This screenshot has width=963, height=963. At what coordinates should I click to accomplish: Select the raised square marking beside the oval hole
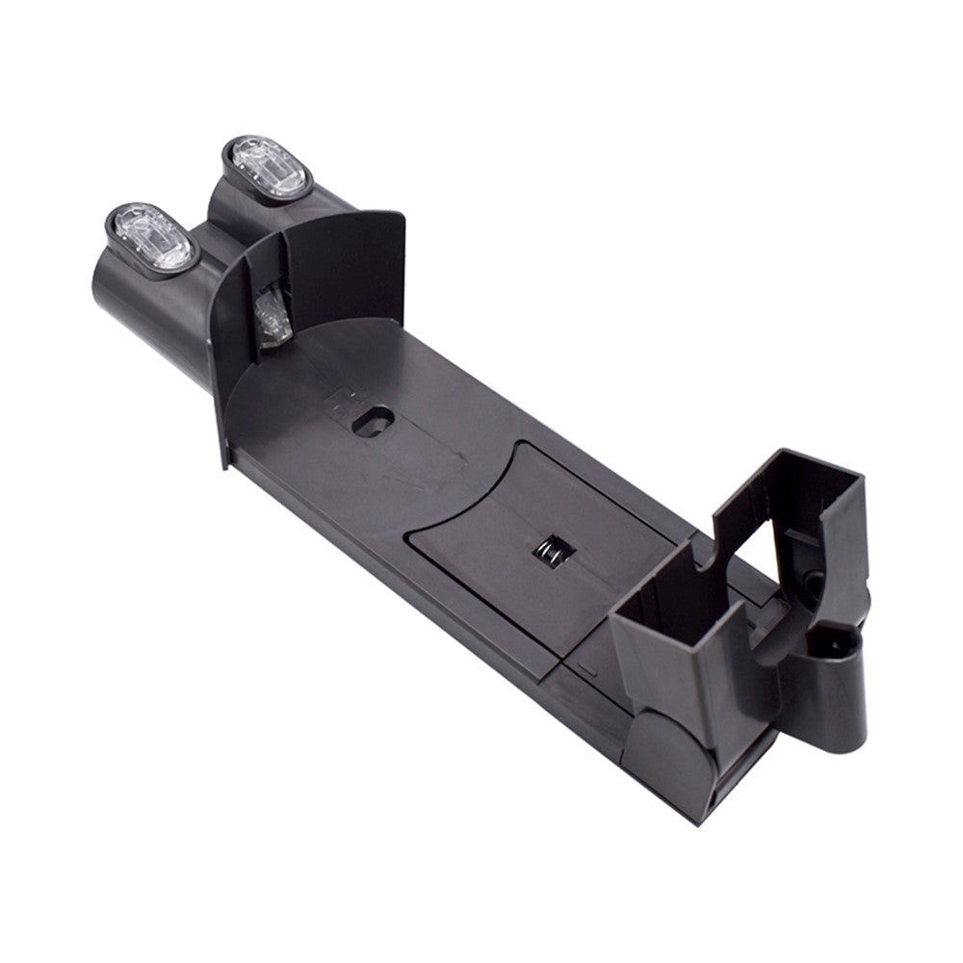[x=342, y=398]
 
